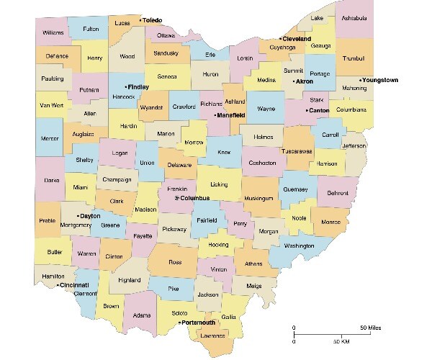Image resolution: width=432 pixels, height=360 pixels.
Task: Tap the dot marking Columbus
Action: point(177,197)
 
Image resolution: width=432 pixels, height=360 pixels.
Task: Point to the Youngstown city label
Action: point(381,80)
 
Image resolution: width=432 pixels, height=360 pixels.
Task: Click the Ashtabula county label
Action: point(354,18)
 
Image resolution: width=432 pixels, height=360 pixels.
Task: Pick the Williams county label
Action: point(53,32)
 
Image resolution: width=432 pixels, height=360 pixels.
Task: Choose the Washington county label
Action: point(300,246)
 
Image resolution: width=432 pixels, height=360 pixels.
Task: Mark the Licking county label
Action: point(219,185)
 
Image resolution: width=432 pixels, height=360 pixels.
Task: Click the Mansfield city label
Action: point(231,114)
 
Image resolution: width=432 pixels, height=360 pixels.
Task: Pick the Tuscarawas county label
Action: point(297,152)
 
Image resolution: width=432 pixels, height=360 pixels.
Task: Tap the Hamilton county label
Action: point(54,276)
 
